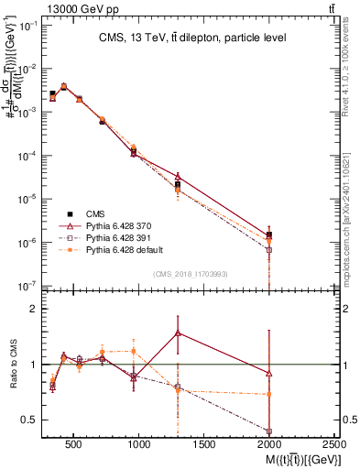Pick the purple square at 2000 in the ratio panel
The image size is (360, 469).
tap(268, 431)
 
